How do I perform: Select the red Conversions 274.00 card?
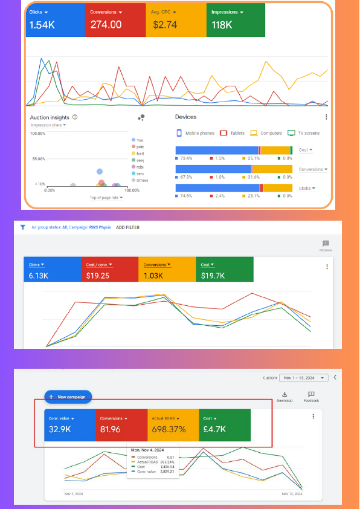coord(115,19)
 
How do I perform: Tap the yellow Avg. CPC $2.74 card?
coord(175,19)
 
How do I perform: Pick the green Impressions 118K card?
coord(236,19)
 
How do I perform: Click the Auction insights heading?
coord(50,117)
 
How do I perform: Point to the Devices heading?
coord(185,117)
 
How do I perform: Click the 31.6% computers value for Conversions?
coord(253,177)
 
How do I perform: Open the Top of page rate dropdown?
coord(106,198)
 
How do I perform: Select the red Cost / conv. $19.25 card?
coord(109,270)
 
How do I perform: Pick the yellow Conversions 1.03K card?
coord(167,270)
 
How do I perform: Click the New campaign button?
coord(68,397)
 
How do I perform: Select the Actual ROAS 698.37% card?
coord(173,425)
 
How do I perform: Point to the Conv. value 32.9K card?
coord(70,425)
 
